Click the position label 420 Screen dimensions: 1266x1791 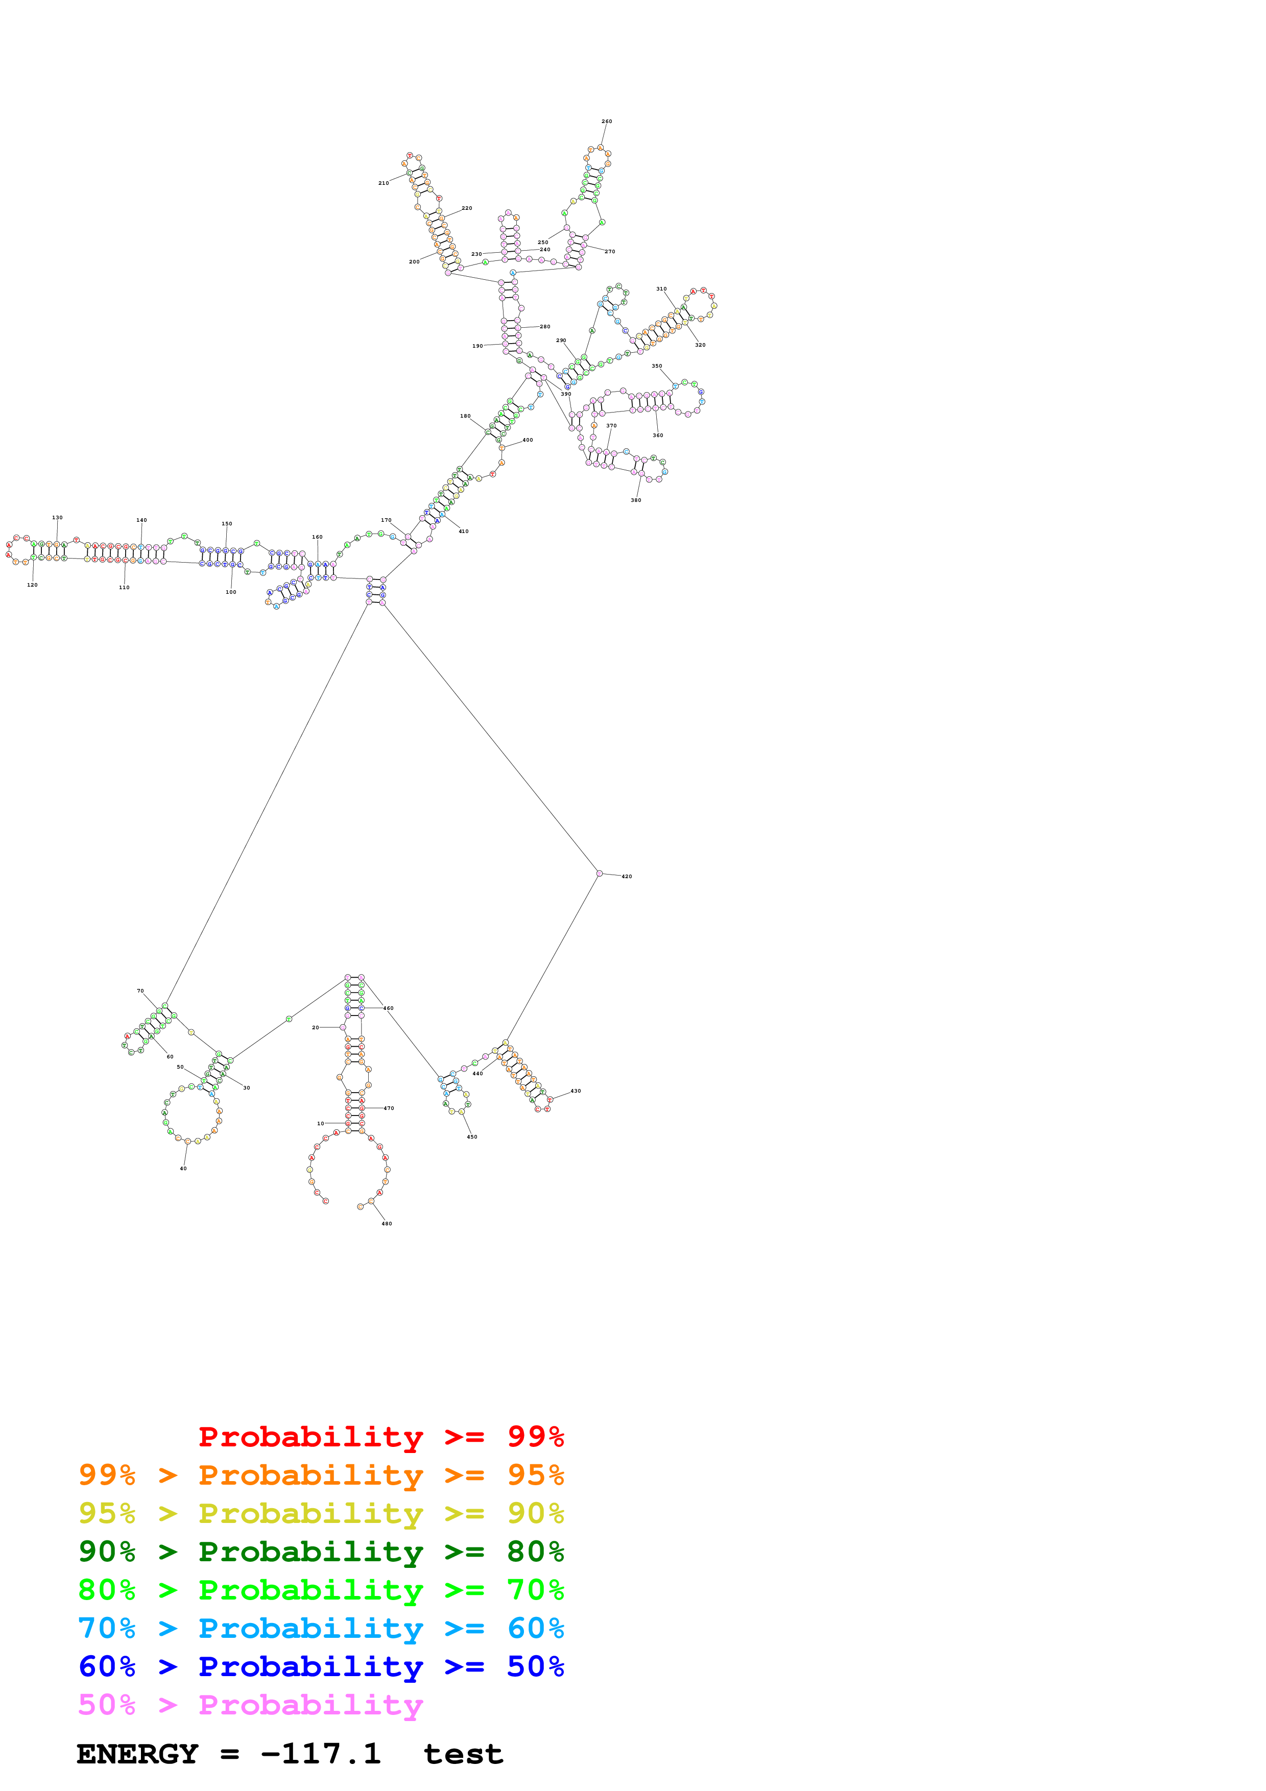click(x=627, y=877)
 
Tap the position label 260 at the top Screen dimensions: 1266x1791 click(x=607, y=122)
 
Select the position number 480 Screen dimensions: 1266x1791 click(x=387, y=1224)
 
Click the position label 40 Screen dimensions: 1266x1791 click(x=183, y=1169)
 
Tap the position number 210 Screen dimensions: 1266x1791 click(x=384, y=183)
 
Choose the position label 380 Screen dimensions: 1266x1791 click(x=636, y=500)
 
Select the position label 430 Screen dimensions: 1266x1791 click(x=576, y=1091)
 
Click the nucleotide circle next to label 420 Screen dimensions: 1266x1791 click(x=599, y=874)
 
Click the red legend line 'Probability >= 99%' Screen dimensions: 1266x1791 click(x=381, y=1437)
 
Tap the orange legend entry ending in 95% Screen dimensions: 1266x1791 click(x=321, y=1475)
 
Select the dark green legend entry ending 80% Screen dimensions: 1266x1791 click(x=321, y=1552)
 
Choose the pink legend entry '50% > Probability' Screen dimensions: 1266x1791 click(x=251, y=1704)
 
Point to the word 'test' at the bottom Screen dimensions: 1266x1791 click(x=463, y=1754)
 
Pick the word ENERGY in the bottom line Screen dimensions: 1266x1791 click(x=137, y=1754)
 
